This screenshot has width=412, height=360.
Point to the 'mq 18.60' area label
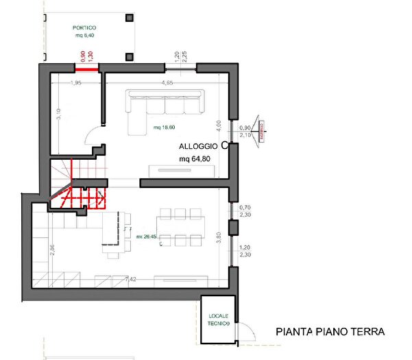[x=165, y=128]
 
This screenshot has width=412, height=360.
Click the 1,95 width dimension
[x=76, y=82]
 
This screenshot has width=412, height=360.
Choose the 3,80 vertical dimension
[x=219, y=238]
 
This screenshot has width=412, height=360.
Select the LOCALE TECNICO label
[x=217, y=319]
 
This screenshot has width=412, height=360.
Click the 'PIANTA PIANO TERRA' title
[x=330, y=331]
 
